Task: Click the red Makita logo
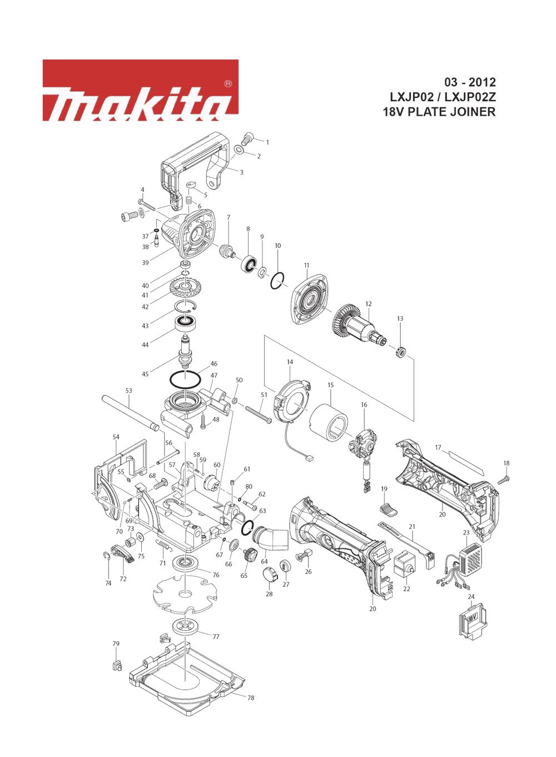[x=140, y=90]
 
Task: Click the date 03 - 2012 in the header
[x=470, y=82]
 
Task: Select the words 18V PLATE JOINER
[x=439, y=112]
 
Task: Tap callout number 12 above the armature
[x=368, y=304]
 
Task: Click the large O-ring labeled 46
[x=185, y=379]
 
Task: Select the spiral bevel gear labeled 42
[x=185, y=287]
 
